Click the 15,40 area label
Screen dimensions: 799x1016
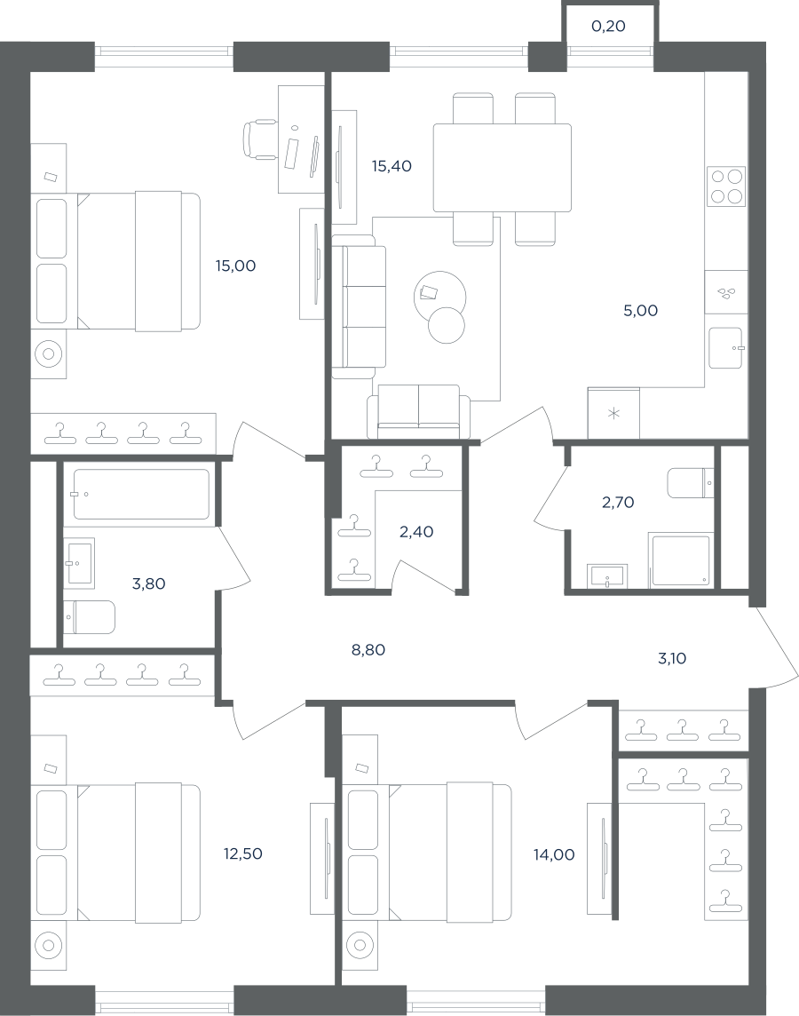pos(392,167)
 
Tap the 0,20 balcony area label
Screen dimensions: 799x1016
pos(609,27)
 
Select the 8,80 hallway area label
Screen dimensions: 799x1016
pos(368,650)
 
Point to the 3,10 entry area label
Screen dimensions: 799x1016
pos(671,659)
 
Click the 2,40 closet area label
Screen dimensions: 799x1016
pos(416,532)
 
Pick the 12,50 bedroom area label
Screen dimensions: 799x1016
pos(243,854)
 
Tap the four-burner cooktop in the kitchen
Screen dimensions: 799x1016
pos(726,187)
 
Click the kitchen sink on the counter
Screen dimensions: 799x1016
pos(725,348)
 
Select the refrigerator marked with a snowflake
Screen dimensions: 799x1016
pos(613,413)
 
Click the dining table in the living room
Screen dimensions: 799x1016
pos(502,168)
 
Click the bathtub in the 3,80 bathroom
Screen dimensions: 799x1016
pos(141,495)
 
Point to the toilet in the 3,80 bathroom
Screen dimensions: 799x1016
pos(90,617)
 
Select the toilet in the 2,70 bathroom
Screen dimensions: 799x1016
pos(690,483)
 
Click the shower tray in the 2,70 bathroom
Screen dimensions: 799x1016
pos(681,560)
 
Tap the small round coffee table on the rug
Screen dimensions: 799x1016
pos(447,325)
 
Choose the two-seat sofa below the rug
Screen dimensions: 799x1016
pos(418,411)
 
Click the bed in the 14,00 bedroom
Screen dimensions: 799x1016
pos(427,853)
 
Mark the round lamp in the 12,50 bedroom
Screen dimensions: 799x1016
pos(49,946)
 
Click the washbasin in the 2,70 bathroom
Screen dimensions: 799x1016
pos(606,576)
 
